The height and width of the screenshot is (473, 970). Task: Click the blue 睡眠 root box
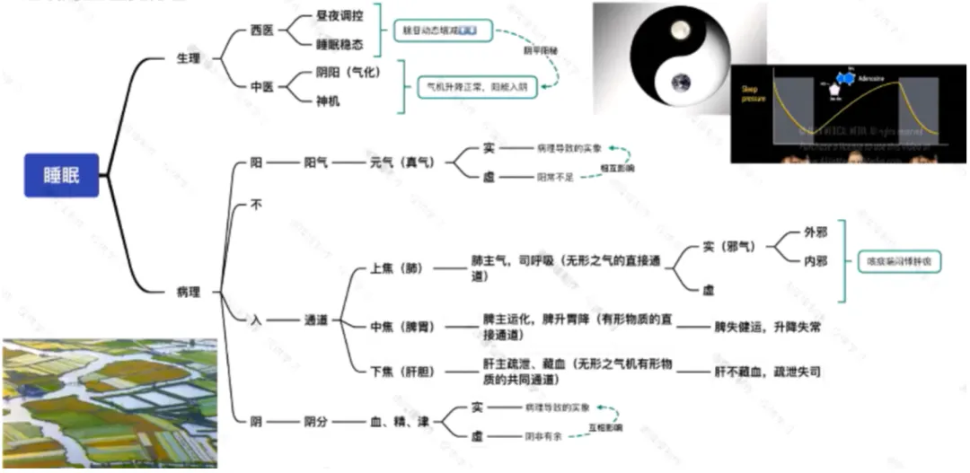point(60,174)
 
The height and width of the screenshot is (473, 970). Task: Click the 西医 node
point(262,30)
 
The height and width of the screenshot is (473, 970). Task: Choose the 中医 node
point(262,86)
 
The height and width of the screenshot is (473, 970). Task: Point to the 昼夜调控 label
point(339,15)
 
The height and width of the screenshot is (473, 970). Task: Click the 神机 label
point(328,101)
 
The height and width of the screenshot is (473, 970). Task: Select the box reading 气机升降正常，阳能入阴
point(477,87)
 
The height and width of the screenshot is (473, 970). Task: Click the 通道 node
point(316,320)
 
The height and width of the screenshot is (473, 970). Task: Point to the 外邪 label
point(816,232)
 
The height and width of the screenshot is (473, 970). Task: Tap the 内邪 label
point(816,261)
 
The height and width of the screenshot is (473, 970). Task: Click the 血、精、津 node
point(400,421)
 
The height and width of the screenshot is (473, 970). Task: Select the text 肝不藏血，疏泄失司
point(767,371)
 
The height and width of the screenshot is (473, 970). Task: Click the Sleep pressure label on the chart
point(752,93)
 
